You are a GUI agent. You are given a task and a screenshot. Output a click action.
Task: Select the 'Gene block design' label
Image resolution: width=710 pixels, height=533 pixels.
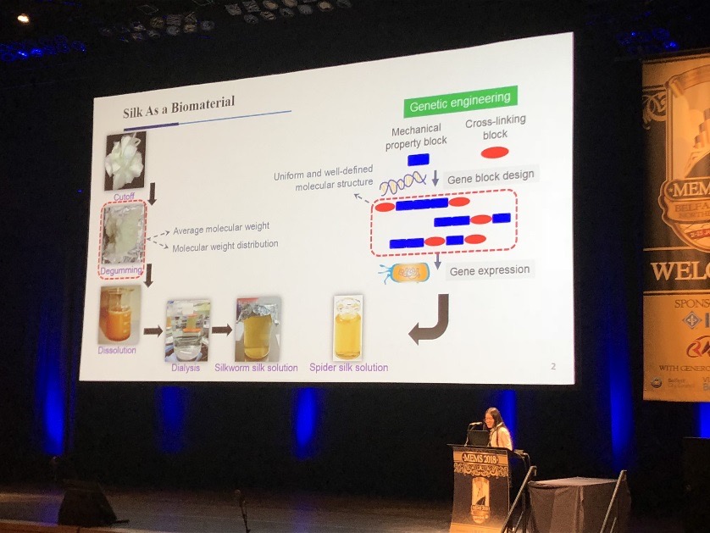(x=492, y=175)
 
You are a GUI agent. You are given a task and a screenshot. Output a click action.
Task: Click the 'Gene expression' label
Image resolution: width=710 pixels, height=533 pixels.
(x=490, y=270)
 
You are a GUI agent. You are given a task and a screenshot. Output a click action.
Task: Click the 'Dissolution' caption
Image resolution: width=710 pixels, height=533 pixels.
(x=117, y=349)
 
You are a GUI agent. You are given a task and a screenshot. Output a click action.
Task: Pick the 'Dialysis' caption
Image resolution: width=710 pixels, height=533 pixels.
(x=187, y=369)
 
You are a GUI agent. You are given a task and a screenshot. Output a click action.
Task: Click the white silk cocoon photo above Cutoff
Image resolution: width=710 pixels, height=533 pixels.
(x=125, y=160)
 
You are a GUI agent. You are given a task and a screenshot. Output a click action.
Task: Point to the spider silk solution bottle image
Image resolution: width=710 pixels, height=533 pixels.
(x=347, y=328)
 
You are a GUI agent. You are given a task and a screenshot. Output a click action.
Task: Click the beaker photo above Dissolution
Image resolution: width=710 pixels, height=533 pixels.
(x=118, y=314)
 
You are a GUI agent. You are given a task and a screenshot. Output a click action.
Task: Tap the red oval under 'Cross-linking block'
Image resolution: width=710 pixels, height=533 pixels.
(x=495, y=153)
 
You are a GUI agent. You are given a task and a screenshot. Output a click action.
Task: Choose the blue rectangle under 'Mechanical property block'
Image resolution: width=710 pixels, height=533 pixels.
(x=418, y=159)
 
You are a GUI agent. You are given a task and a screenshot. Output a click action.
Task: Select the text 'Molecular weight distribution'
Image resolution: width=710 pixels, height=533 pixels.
(x=225, y=246)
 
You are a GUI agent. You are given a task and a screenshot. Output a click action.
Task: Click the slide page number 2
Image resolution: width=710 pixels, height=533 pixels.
(x=553, y=366)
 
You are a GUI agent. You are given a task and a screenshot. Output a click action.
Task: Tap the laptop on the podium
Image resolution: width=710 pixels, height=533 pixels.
(x=480, y=438)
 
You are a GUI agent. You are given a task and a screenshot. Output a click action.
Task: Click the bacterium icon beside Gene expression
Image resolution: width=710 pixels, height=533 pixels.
(x=408, y=272)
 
